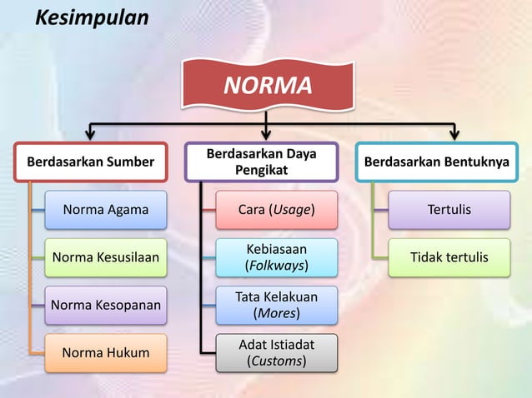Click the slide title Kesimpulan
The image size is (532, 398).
(91, 17)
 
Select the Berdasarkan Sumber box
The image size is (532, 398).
(91, 162)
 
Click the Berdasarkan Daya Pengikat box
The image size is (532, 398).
(261, 162)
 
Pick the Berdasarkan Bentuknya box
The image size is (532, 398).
(437, 162)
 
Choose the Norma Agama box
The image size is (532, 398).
(106, 210)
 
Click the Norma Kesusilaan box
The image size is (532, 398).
(106, 257)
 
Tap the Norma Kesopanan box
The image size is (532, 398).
(106, 305)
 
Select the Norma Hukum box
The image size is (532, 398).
(106, 352)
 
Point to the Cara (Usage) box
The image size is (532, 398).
(277, 210)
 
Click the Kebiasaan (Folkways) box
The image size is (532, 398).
(277, 257)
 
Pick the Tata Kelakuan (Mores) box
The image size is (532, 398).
(277, 305)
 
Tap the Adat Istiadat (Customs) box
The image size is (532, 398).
(277, 352)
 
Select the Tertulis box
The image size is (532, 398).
(449, 210)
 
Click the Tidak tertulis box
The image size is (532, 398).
(449, 257)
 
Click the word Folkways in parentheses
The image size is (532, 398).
(276, 266)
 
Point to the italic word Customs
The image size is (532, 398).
(276, 361)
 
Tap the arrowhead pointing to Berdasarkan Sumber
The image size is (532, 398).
(91, 133)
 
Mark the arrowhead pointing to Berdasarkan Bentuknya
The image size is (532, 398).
(454, 133)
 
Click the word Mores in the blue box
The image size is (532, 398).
(276, 313)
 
